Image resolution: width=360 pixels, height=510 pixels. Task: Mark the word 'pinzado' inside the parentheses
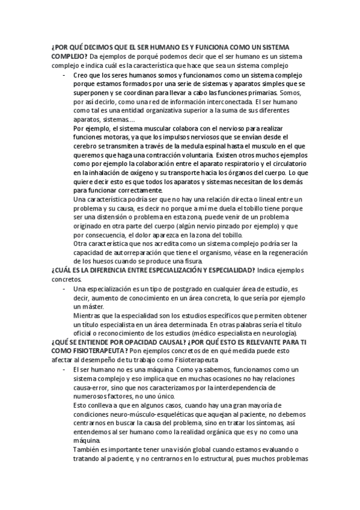(237, 226)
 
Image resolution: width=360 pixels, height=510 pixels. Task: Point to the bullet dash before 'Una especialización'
(64, 289)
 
